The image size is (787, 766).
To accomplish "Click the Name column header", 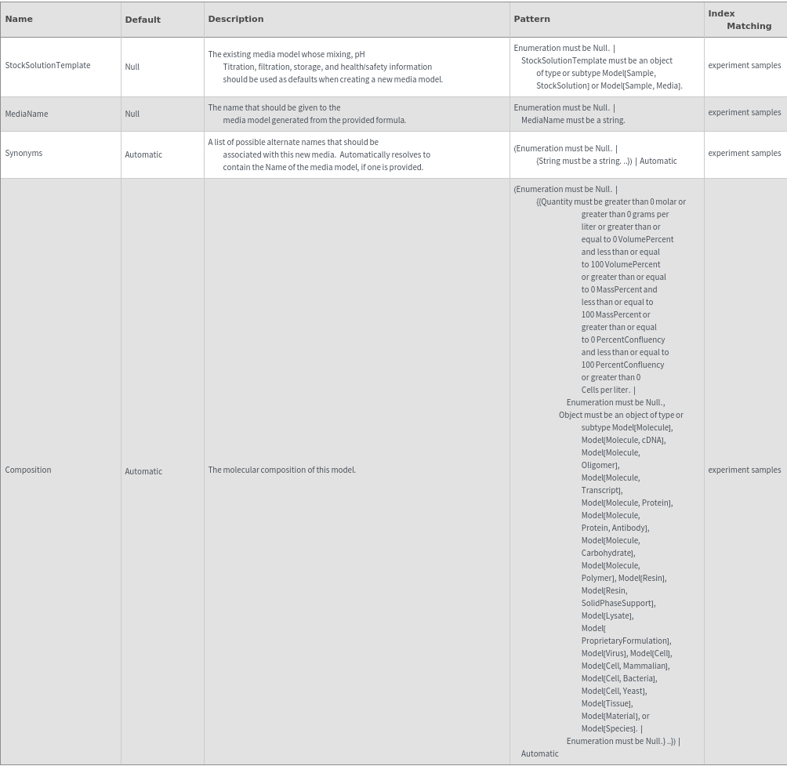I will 19,19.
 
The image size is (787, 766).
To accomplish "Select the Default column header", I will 143,20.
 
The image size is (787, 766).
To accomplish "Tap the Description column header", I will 236,19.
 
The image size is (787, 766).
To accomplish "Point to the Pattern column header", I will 531,19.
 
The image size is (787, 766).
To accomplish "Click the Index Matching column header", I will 739,20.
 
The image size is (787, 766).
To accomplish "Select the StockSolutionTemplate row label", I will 48,65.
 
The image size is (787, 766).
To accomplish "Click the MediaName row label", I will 27,114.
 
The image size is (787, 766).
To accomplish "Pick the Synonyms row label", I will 24,153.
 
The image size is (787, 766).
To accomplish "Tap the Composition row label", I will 28,470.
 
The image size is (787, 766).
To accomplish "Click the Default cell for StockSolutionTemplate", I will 132,67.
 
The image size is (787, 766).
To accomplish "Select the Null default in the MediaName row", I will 132,114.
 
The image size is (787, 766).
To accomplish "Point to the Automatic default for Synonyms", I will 143,154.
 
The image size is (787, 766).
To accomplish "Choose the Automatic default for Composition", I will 143,471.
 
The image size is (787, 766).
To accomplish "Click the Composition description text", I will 282,470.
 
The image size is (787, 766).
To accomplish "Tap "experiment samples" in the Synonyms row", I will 744,153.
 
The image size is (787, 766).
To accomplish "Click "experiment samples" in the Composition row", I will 744,470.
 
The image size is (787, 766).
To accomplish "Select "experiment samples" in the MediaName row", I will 744,112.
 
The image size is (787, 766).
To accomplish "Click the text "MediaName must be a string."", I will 573,120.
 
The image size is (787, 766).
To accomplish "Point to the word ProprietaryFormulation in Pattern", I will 625,641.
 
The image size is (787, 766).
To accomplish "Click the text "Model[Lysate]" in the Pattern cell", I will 607,615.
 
